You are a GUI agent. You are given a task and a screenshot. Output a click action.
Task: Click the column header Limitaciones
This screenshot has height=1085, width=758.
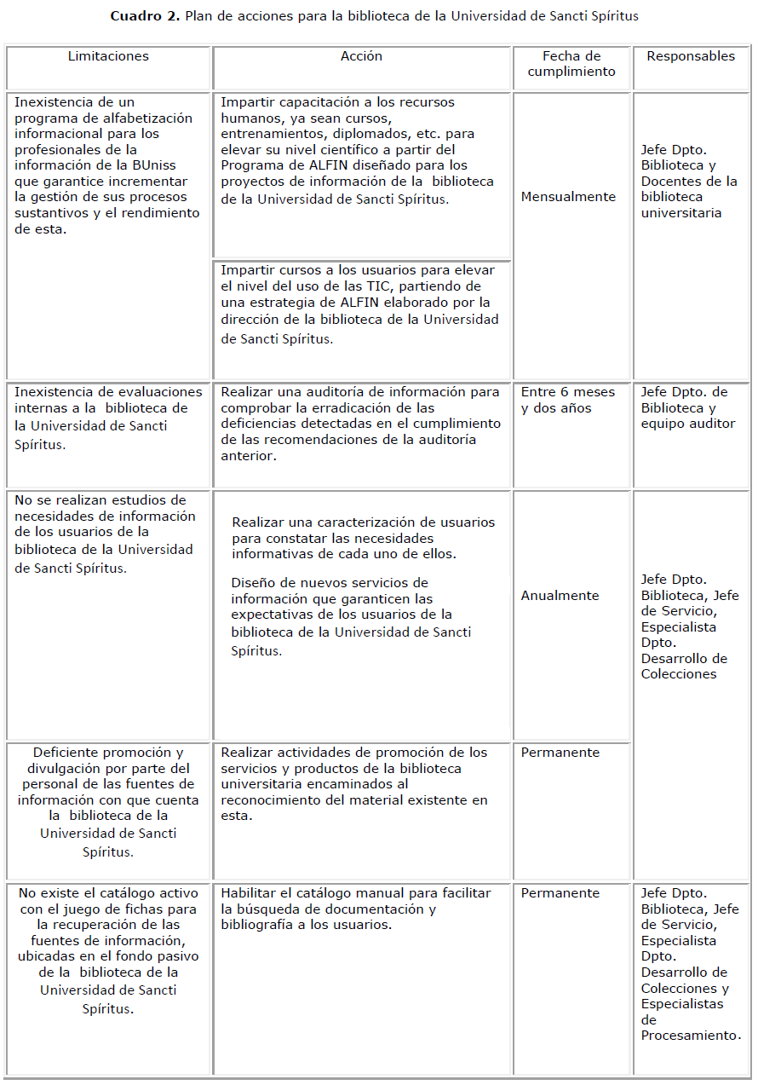pos(108,56)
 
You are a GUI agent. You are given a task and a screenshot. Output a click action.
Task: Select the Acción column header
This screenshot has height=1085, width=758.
pos(361,56)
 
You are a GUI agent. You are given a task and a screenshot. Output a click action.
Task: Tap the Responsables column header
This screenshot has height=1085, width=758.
pos(691,56)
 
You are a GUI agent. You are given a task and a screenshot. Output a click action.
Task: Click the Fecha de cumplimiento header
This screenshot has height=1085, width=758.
pos(571,64)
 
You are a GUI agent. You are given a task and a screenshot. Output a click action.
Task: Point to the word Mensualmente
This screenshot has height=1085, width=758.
pos(568,197)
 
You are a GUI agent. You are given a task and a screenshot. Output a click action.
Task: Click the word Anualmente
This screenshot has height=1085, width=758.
pos(560,596)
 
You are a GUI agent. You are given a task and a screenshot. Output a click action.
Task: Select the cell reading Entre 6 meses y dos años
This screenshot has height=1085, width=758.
pos(568,400)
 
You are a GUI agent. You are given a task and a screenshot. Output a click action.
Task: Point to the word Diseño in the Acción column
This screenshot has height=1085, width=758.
pos(252,583)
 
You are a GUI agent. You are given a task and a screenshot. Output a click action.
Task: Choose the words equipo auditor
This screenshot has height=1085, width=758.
pos(688,424)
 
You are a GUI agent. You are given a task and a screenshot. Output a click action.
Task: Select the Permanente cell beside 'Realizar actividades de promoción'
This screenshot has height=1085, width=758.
pos(560,753)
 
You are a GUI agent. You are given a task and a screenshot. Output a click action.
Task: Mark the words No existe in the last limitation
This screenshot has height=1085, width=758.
pos(51,893)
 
